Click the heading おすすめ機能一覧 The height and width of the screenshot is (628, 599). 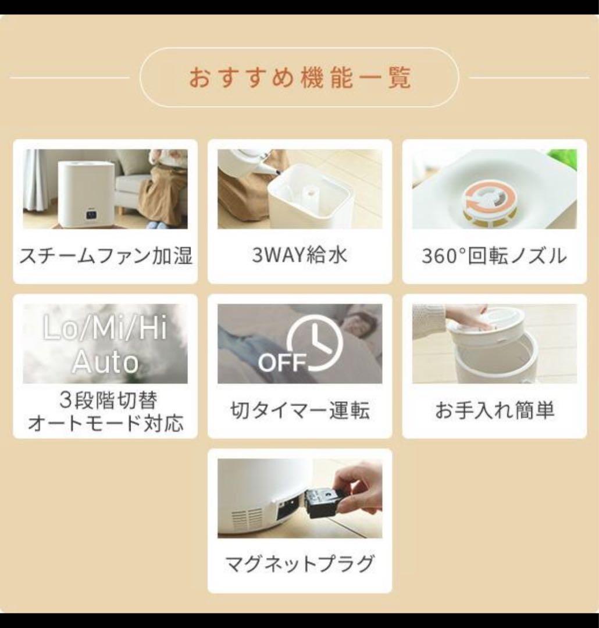point(299,77)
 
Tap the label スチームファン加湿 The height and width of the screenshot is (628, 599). point(105,256)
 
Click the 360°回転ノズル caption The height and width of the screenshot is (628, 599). point(494,256)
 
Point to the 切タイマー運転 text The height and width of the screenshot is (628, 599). point(299,411)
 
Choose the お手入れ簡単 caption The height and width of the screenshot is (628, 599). point(494,411)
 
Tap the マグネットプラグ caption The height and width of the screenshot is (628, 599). point(299,563)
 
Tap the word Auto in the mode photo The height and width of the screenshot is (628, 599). point(105,362)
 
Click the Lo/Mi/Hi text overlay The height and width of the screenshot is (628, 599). point(105,330)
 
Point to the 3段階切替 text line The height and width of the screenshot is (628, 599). point(105,401)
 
